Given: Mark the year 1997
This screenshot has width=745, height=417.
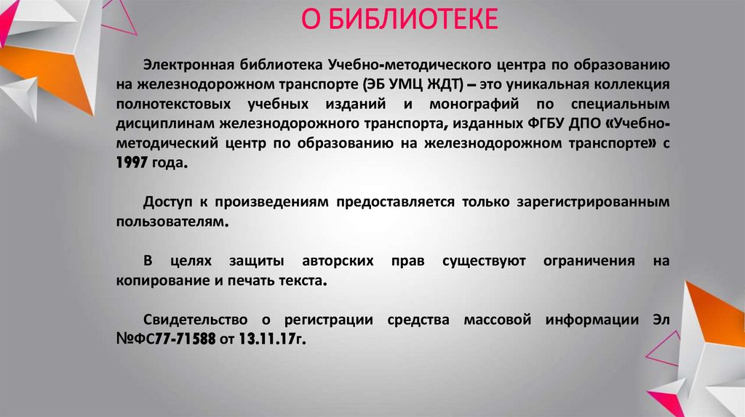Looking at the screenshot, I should point(131,164).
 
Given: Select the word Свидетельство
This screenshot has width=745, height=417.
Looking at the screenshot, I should point(190,320).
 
